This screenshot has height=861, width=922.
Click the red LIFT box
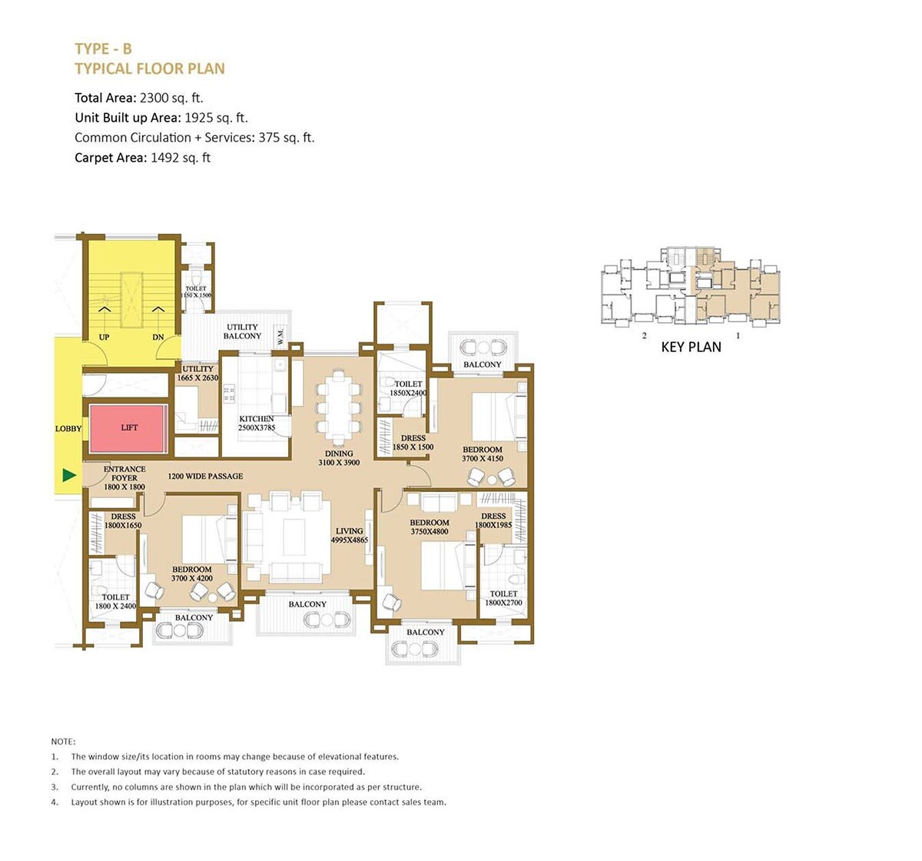coord(128,428)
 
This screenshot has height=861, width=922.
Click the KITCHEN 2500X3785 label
coord(257,424)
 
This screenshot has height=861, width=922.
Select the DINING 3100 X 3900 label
coord(339,458)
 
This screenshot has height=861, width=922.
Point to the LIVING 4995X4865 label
coord(349,536)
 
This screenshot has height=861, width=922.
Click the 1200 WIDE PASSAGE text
coord(205,477)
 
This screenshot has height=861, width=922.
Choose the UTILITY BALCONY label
coord(242,331)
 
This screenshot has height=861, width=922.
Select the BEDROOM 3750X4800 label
coord(429,527)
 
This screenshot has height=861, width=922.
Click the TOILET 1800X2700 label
coord(503,598)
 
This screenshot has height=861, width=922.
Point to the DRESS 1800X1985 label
coord(493,520)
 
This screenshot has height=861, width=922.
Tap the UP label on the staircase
coord(104,337)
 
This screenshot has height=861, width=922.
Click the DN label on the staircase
coord(158,337)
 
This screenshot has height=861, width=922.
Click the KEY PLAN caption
coord(691,347)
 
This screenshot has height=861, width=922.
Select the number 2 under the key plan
coord(644,336)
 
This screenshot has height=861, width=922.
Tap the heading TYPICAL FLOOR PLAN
coord(150,68)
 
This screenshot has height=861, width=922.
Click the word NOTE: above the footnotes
coord(63,742)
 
